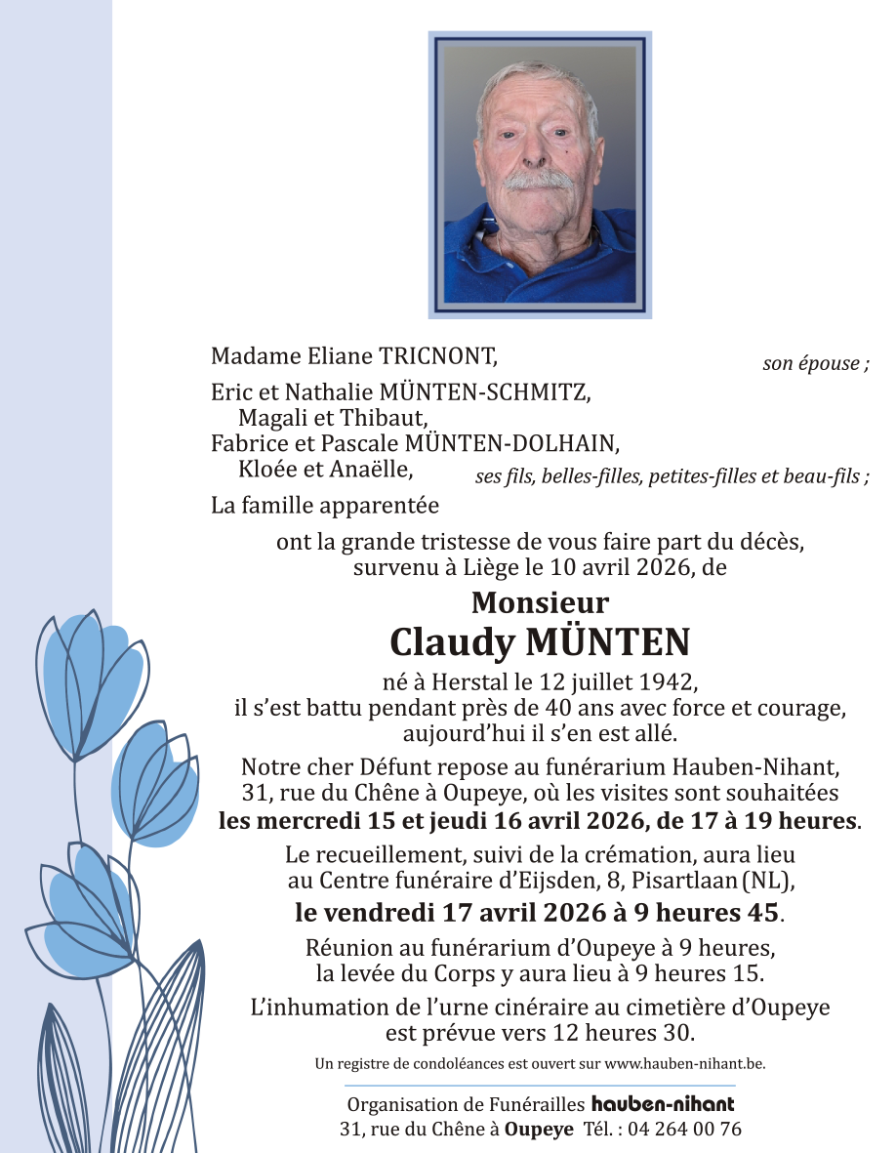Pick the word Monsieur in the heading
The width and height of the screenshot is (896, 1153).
pos(540,602)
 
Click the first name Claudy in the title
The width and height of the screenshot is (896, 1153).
pos(451,642)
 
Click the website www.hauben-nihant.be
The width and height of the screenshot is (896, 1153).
pos(684,1063)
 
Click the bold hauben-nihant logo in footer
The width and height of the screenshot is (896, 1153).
pos(663,1104)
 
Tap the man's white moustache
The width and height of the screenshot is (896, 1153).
pos(538,181)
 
